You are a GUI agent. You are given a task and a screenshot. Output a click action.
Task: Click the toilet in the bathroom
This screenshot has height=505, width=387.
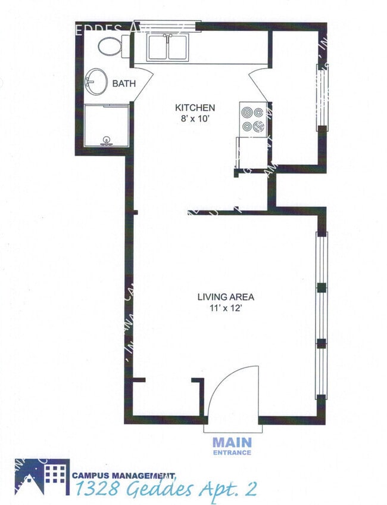pos(110,45)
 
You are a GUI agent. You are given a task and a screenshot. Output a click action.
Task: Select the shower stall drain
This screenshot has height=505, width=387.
pos(107,140)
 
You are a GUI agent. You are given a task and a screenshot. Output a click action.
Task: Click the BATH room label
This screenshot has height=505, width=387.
pos(124,84)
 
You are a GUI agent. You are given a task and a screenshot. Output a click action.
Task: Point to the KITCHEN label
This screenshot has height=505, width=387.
pos(195,108)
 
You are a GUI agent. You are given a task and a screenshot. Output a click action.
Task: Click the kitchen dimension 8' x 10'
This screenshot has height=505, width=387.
pos(195,119)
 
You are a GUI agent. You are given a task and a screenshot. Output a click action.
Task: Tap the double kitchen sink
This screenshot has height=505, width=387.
pos(168,48)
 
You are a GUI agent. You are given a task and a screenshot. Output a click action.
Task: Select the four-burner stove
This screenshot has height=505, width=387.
pos(252,118)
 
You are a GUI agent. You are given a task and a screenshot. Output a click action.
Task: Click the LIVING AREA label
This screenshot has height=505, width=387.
pos(220,296)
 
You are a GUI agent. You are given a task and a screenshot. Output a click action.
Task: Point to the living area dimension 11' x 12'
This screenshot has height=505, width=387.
pos(220,308)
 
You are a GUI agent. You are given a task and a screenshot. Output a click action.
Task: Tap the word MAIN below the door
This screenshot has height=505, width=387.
pos(232,443)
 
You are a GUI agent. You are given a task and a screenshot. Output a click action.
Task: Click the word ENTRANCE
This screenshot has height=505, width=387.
pos(232,453)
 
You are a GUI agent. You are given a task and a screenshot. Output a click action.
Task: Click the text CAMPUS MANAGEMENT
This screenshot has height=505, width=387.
pos(124,475)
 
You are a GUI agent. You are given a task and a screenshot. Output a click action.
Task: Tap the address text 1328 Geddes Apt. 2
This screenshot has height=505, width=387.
pos(167,489)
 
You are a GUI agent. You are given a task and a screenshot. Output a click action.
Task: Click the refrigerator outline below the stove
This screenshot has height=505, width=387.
pos(251,153)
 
